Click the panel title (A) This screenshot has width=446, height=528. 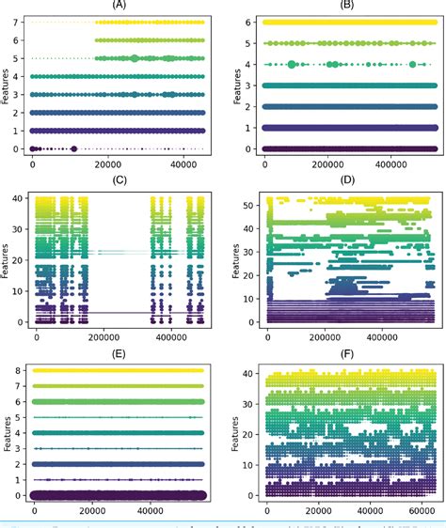(x=119, y=6)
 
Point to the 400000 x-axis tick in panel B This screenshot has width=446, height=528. (x=387, y=166)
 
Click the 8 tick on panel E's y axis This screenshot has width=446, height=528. (x=20, y=370)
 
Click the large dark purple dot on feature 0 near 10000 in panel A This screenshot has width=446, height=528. (x=73, y=148)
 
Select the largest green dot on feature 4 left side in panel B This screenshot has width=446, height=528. (x=292, y=64)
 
